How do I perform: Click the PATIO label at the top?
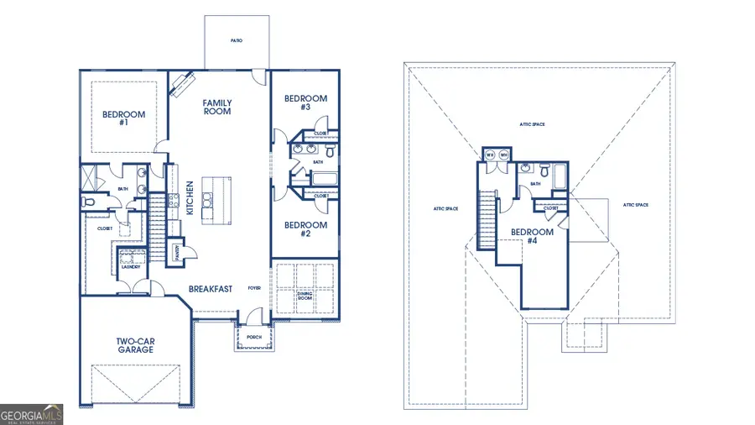(x=237, y=40)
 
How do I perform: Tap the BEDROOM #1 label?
(x=123, y=118)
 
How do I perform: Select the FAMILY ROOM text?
(x=217, y=108)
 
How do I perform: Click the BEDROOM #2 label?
(x=305, y=229)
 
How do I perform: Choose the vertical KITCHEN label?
(x=190, y=197)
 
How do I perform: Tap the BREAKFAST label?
(x=210, y=289)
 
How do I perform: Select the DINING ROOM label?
(x=305, y=294)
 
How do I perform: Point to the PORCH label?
(x=253, y=338)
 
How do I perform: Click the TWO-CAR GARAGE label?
(x=135, y=345)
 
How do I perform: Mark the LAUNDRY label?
(x=130, y=267)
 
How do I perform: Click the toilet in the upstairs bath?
(x=544, y=171)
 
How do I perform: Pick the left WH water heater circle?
(x=490, y=155)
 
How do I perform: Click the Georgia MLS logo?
(x=32, y=413)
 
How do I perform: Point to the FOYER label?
(x=253, y=288)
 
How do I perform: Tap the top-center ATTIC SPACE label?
(x=532, y=124)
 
